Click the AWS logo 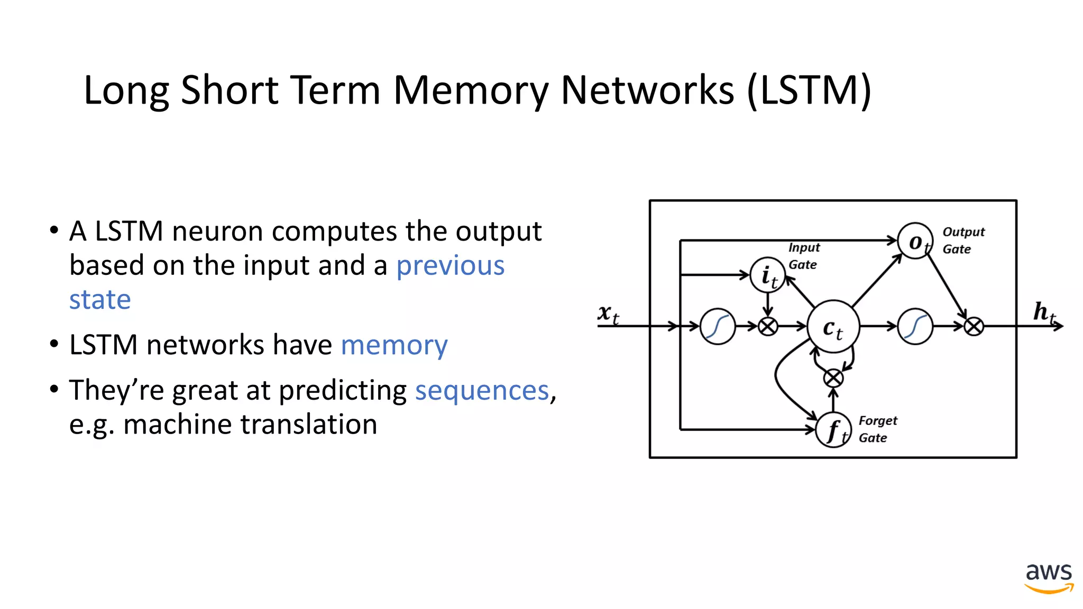(1049, 577)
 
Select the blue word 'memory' (394, 345)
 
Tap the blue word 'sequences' (482, 391)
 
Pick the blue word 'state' (100, 300)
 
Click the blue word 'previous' (450, 265)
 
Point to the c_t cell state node (833, 327)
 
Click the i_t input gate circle (768, 275)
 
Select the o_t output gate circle (915, 241)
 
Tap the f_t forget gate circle (833, 430)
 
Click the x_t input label (608, 314)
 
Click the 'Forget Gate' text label (877, 429)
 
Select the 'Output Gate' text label (963, 241)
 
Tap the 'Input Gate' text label (803, 256)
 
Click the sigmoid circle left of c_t (717, 327)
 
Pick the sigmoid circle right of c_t (915, 327)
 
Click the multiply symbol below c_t (833, 377)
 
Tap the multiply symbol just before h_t (974, 327)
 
